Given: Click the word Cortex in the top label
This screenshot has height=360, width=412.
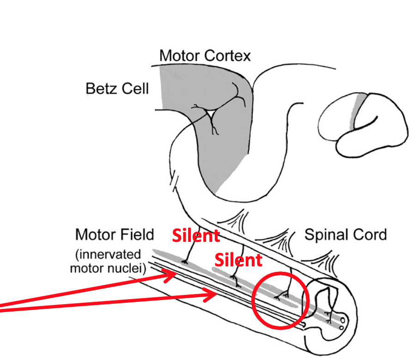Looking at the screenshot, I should (227, 56).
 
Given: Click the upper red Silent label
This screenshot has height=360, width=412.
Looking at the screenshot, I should (195, 236).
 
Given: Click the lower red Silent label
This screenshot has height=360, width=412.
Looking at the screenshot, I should (238, 260).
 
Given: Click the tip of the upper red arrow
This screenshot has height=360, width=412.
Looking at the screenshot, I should (176, 274).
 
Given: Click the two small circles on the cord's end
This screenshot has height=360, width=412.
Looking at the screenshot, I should (342, 324).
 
